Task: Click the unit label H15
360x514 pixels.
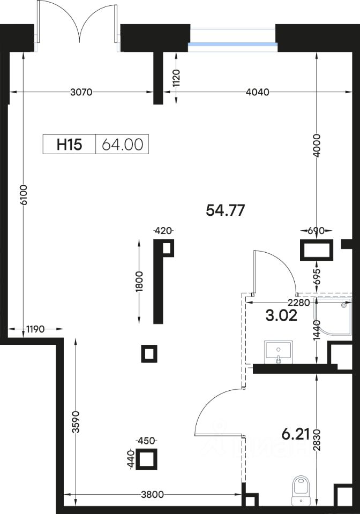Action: coord(69,144)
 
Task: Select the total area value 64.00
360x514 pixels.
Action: coord(122,144)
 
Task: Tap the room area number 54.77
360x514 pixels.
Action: coord(225,210)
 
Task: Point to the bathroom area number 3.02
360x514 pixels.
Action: coord(281,315)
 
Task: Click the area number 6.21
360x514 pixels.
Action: coord(296,434)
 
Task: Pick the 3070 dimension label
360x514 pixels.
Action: coord(81,92)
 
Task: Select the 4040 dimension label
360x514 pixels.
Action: coord(257,92)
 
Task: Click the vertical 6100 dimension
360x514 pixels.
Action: coord(23,195)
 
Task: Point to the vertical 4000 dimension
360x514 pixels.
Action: coord(317,145)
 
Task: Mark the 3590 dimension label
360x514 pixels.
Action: coord(76,422)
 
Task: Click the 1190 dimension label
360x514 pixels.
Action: coord(35,329)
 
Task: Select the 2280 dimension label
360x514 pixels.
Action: coord(298,303)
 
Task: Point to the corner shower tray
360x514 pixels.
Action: coord(333,316)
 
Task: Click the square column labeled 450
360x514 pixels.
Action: coord(146,459)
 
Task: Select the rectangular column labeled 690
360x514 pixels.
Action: coord(317,250)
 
